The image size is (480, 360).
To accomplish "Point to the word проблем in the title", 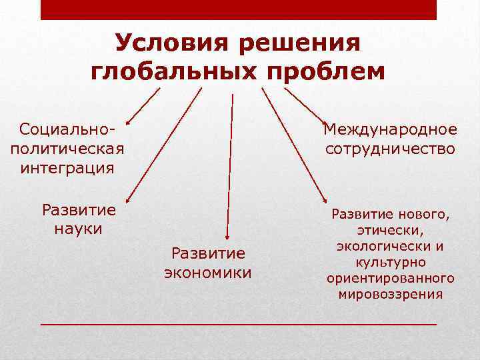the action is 327,71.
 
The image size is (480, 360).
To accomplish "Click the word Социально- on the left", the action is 67,127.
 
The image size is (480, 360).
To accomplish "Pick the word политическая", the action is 67,147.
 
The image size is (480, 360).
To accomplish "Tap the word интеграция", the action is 67,167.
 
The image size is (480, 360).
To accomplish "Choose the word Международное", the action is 390,129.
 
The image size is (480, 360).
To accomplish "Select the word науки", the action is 79,229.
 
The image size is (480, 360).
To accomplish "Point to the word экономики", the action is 208,273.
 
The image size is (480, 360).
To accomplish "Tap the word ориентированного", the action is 391,277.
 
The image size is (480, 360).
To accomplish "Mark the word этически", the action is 391,230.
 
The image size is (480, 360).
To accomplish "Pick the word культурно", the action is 391,261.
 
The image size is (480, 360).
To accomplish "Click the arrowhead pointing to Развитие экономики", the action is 229,235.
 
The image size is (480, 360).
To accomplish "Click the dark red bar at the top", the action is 238,9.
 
